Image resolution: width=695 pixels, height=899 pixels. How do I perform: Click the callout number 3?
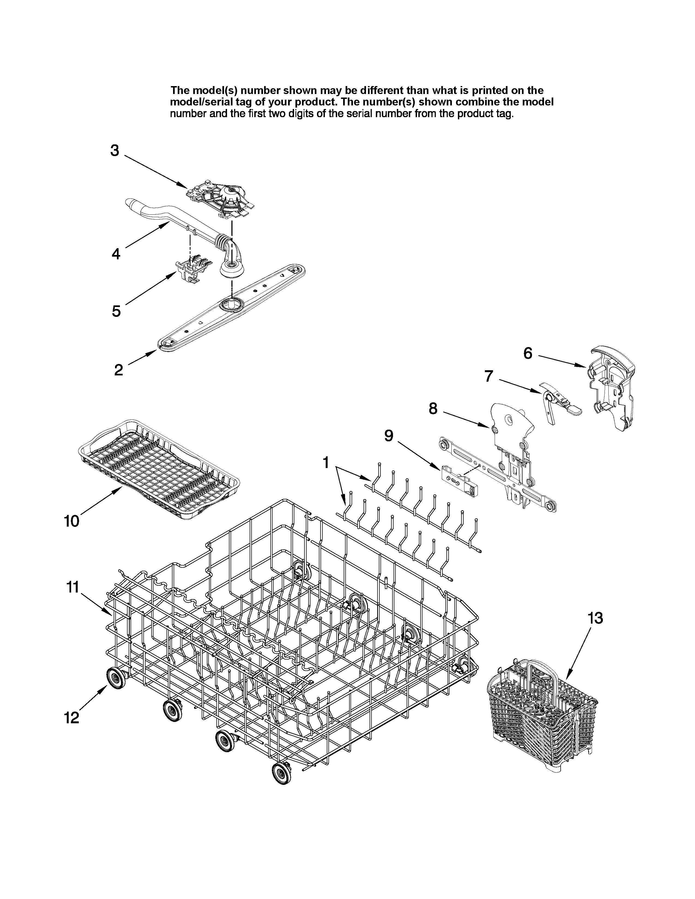(x=114, y=151)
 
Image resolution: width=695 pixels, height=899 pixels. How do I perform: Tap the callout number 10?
(x=72, y=521)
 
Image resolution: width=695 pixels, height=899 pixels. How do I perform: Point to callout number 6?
(x=528, y=353)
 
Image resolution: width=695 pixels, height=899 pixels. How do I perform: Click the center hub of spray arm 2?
(x=231, y=305)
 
